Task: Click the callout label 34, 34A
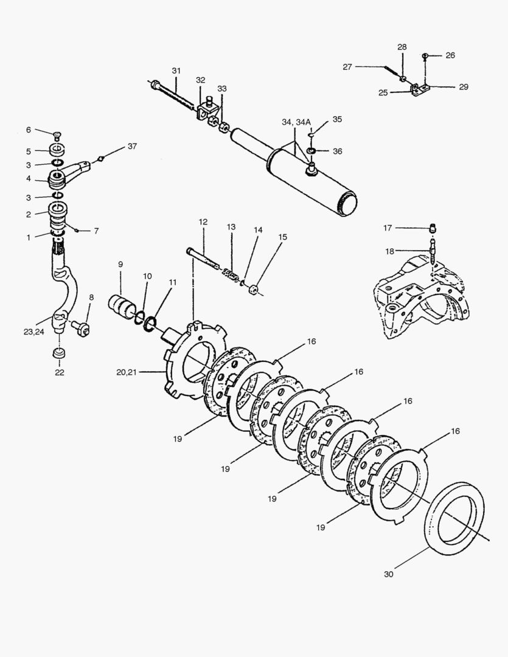coord(296,122)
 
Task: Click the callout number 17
coord(388,228)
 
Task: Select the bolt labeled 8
coord(80,326)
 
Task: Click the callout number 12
coord(203,223)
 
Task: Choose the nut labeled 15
coord(254,287)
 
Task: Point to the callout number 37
coord(133,147)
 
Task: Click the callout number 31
coord(176,71)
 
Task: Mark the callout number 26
coord(450,55)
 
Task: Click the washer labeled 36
coord(311,150)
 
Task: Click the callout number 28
coord(402,47)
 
